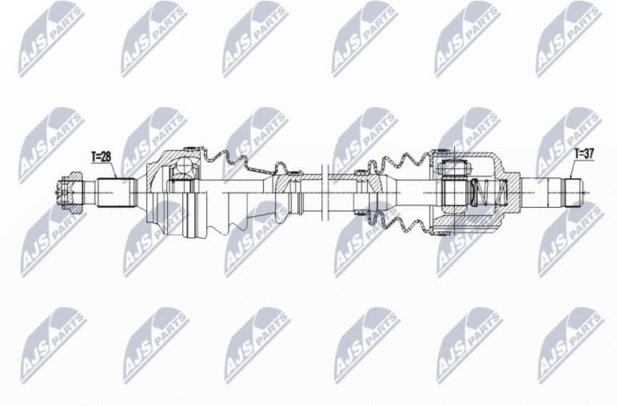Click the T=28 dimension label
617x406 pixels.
(x=102, y=157)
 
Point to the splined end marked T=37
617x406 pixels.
(x=572, y=192)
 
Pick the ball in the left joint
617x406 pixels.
(x=185, y=167)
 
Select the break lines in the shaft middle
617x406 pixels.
(x=324, y=192)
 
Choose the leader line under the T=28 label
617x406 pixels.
(x=113, y=169)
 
